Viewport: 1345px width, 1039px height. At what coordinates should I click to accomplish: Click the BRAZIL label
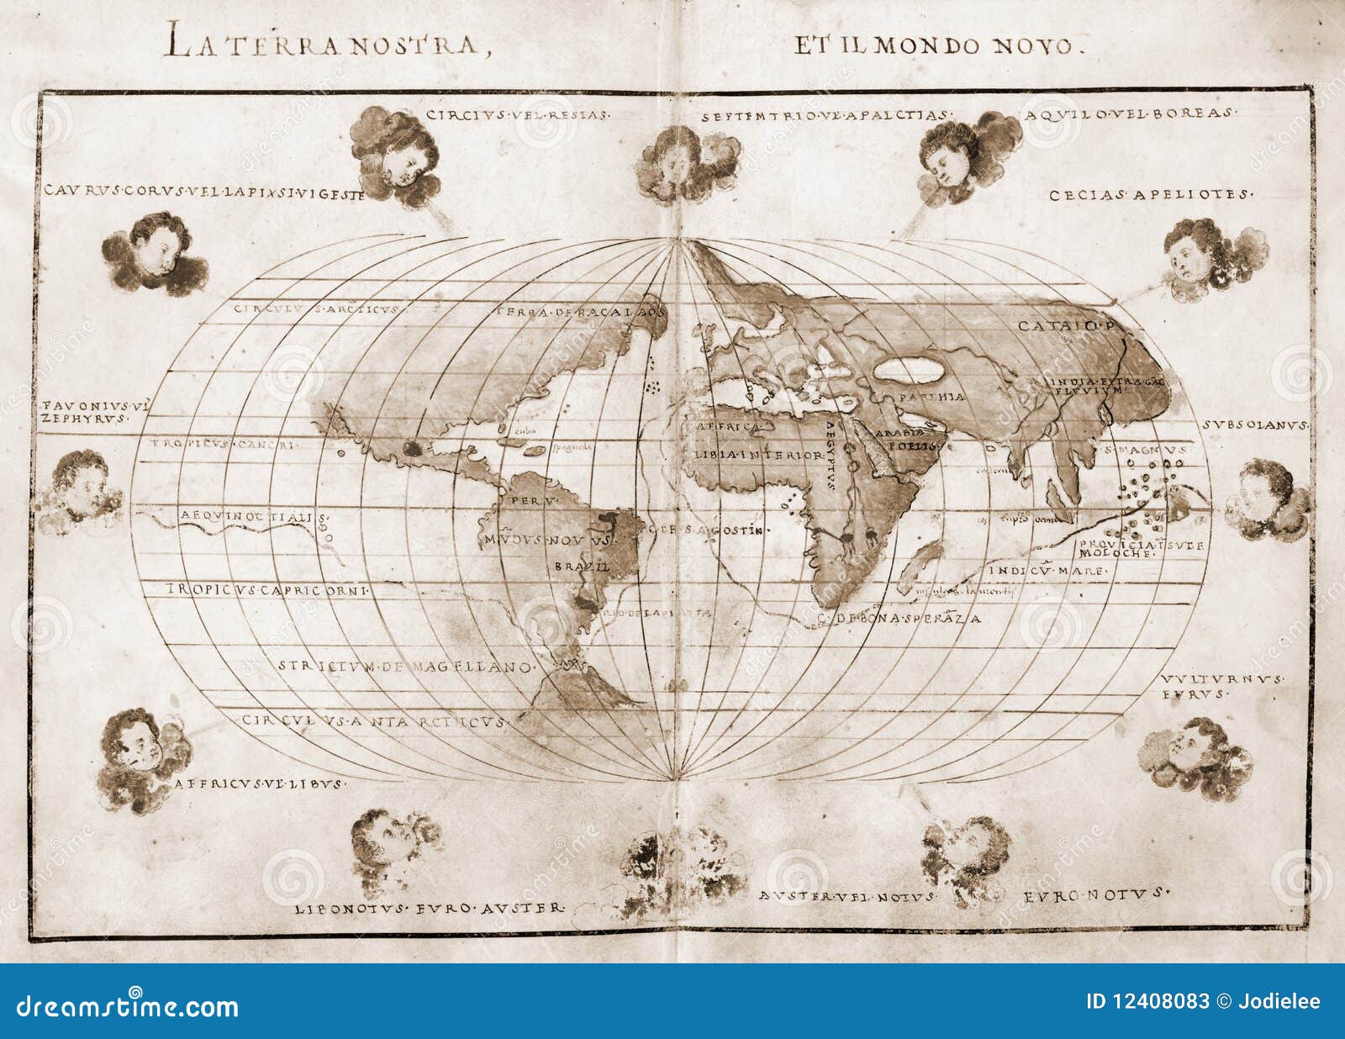point(581,567)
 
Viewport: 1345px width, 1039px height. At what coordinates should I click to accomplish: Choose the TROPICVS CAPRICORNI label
point(268,590)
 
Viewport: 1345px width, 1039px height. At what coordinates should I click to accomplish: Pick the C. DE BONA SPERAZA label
point(899,619)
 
